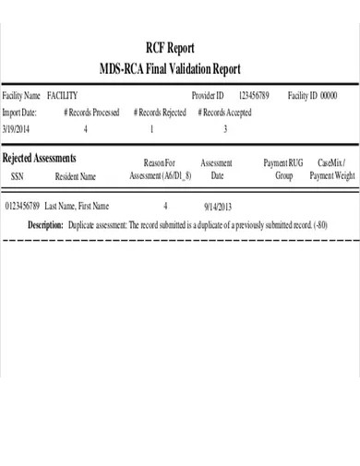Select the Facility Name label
[x=21, y=96]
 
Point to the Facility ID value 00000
[x=326, y=96]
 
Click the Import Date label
[x=19, y=113]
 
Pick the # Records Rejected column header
[x=160, y=113]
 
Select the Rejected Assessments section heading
[x=39, y=158]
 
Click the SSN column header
[x=18, y=173]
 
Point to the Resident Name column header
[x=76, y=173]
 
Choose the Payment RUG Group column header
[x=283, y=168]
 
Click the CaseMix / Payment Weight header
[x=331, y=168]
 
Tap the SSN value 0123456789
[x=22, y=208]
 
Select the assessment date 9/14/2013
[x=217, y=208]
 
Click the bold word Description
[x=45, y=224]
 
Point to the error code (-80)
[x=319, y=224]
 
